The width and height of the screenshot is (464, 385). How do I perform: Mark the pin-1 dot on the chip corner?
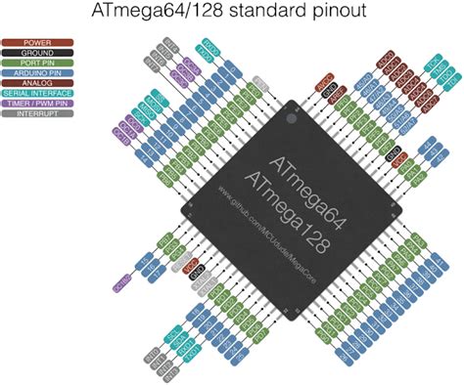tap(289, 119)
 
